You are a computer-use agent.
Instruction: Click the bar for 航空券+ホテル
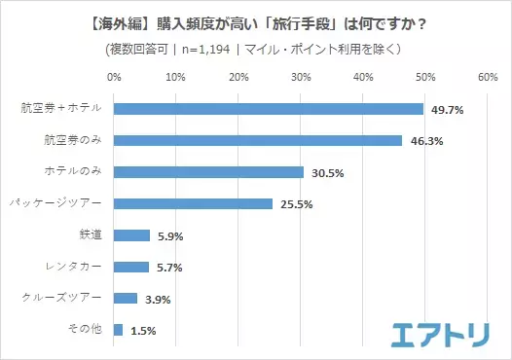(269, 109)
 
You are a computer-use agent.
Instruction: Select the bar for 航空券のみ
(258, 140)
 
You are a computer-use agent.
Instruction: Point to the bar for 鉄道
(132, 235)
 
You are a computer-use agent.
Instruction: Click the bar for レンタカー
(131, 267)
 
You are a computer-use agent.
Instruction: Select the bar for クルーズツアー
(126, 299)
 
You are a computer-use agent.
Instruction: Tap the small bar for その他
(119, 330)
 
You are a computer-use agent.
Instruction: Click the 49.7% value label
(447, 110)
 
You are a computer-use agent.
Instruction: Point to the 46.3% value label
(425, 141)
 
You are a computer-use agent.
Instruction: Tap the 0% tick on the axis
(114, 76)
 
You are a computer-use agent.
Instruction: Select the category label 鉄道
(90, 235)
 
